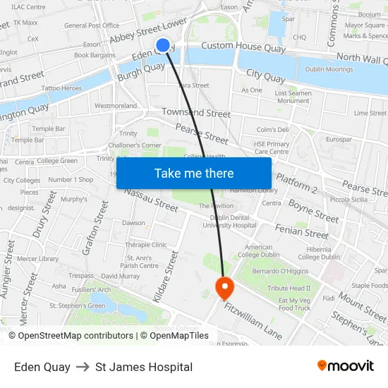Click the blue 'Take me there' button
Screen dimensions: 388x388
click(194, 173)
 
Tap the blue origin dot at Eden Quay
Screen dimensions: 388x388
click(163, 45)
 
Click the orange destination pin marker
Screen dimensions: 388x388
click(224, 287)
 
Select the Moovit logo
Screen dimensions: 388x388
click(345, 366)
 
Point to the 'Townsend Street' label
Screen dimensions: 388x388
click(195, 113)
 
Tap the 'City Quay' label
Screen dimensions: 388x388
click(265, 74)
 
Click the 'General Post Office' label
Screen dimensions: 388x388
click(92, 26)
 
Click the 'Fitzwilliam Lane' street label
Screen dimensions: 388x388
click(253, 318)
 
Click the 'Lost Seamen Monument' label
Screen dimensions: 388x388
click(292, 97)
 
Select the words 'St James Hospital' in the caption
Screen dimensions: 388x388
click(144, 367)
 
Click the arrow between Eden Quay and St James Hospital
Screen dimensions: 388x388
click(83, 367)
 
